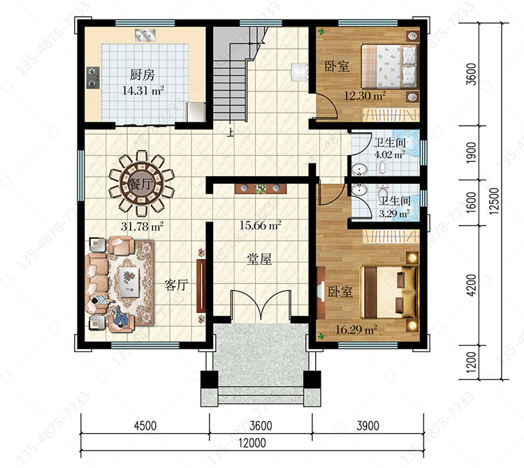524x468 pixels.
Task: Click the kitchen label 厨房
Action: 142,75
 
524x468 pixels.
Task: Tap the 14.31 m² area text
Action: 143,90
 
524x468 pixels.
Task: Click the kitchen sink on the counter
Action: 145,35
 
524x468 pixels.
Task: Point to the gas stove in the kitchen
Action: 93,78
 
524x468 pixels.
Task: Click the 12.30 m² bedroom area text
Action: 365,96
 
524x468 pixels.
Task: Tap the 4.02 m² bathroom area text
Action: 389,154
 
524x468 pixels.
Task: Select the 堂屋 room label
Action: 259,259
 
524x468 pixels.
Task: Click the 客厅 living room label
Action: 176,285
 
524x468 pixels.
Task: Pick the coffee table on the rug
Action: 129,281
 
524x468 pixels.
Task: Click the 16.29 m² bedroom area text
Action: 356,330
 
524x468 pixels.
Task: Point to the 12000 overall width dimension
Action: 252,443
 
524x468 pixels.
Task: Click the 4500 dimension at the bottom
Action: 145,425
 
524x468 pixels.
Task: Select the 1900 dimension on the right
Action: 470,153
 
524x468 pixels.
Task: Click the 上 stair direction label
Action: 230,133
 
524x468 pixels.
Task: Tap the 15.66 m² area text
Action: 260,225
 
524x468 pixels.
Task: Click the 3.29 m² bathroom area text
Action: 394,214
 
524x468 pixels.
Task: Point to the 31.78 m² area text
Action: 142,226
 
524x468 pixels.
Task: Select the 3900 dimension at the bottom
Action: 368,425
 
